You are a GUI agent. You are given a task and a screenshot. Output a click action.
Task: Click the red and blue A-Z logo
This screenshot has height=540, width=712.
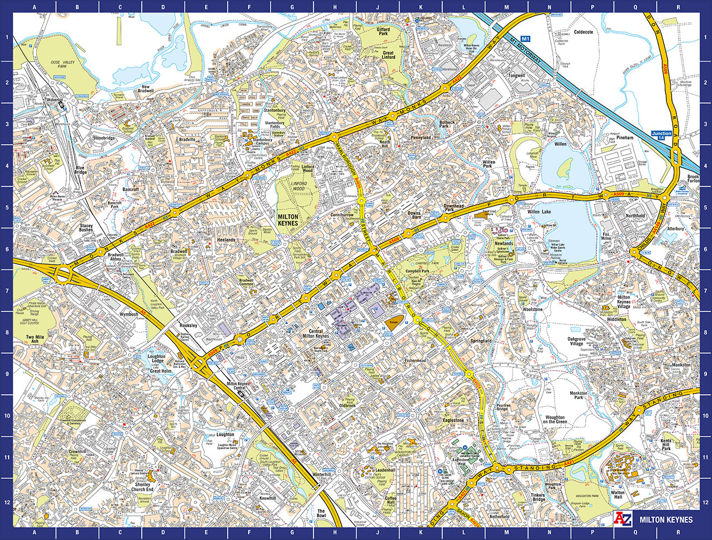click(x=624, y=519)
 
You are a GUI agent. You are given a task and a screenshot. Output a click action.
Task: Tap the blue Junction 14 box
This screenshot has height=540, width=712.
click(x=661, y=135)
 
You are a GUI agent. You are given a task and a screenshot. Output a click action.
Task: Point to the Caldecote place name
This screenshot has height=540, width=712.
click(x=583, y=32)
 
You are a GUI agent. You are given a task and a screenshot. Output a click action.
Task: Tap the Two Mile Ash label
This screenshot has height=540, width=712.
click(x=35, y=339)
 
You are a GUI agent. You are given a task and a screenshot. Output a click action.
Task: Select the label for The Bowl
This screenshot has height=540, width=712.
click(x=321, y=513)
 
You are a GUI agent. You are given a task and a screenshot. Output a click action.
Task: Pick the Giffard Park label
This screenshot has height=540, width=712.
click(x=384, y=31)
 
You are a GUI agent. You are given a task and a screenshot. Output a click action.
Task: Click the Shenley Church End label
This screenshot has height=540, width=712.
click(x=142, y=487)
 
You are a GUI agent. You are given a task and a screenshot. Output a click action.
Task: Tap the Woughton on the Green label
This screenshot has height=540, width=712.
click(x=554, y=420)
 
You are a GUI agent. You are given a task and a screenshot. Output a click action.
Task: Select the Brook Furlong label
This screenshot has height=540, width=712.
click(x=694, y=179)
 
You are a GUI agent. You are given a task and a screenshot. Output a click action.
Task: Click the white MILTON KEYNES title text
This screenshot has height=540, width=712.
click(x=666, y=519)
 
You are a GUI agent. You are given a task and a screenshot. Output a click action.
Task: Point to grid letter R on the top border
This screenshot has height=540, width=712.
click(x=678, y=7)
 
